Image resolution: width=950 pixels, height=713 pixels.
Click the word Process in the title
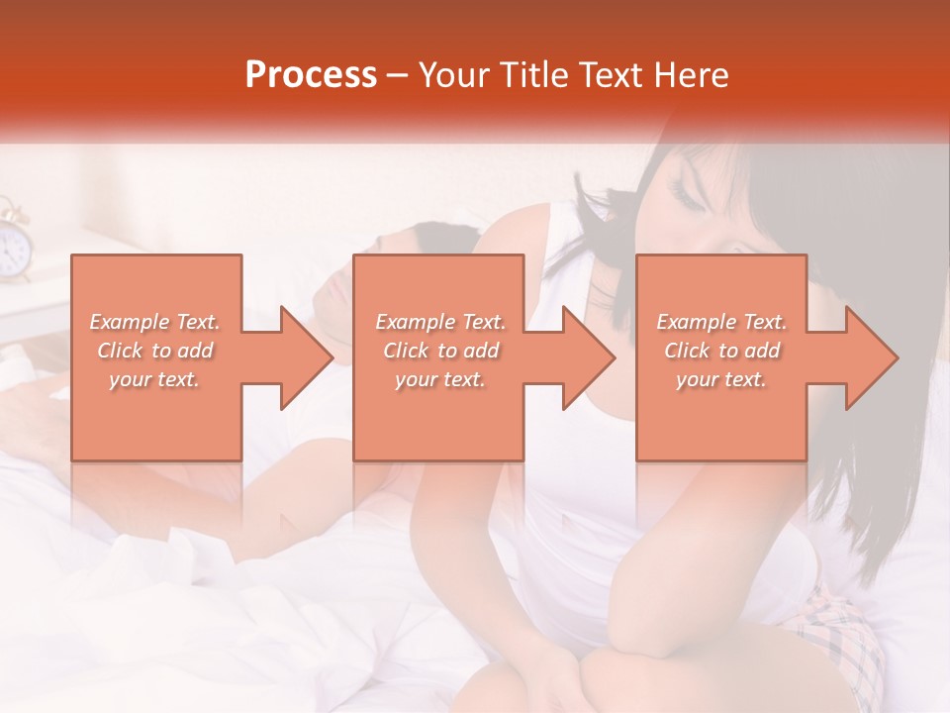311,74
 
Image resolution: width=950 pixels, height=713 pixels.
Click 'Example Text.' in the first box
155,322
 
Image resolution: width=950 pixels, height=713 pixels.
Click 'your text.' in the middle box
440,379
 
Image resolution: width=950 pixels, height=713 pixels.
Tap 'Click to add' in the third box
722,351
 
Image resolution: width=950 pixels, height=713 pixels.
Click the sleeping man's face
336,292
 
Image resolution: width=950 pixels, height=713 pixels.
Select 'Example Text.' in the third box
722,322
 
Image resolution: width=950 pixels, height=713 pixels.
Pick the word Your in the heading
456,74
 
